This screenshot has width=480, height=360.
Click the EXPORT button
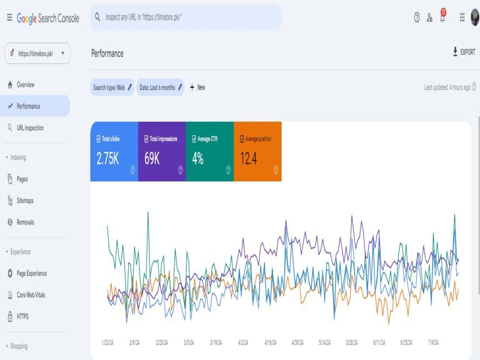click(464, 52)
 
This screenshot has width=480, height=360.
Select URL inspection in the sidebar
click(26, 128)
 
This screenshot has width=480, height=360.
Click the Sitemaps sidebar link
click(21, 201)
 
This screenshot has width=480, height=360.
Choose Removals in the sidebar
click(21, 222)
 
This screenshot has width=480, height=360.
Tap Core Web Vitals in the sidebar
click(26, 295)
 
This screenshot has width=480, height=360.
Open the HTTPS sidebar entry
click(18, 316)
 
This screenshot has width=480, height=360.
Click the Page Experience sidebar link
click(27, 274)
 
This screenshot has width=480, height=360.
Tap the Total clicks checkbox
click(98, 139)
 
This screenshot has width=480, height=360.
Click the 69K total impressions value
click(152, 158)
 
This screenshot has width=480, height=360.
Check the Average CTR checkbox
click(194, 139)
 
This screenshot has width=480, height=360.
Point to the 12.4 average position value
click(248, 158)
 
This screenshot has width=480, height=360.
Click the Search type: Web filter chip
click(112, 87)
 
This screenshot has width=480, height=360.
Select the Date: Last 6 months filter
click(160, 87)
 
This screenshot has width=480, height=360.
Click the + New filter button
click(197, 87)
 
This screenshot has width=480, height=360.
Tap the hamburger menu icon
click(10, 18)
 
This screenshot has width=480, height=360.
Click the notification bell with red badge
click(443, 16)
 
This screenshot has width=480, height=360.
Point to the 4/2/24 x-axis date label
click(243, 343)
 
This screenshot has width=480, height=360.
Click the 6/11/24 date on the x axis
click(379, 343)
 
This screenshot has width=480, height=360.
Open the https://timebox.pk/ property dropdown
click(37, 54)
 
